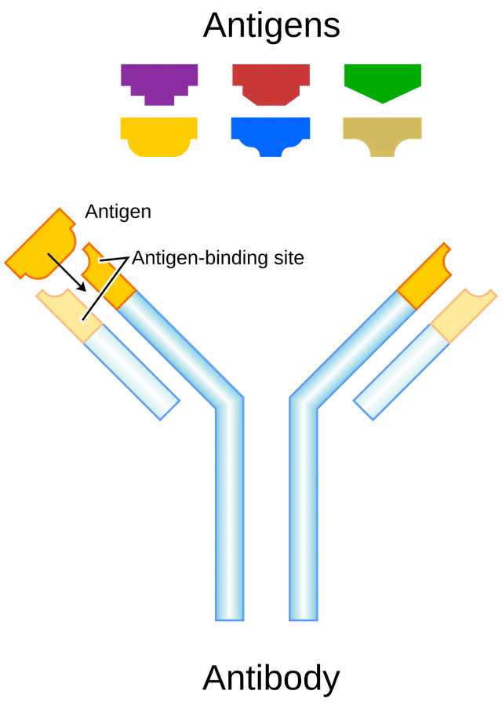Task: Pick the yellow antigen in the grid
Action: [158, 135]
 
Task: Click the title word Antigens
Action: [271, 26]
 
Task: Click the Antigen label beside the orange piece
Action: [118, 213]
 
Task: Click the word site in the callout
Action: [289, 258]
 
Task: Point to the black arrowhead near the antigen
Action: [82, 286]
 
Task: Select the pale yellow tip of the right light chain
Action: [463, 315]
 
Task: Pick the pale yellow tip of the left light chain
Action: [70, 315]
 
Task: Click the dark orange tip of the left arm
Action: [107, 275]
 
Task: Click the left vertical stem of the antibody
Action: [230, 511]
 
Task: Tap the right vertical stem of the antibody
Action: [304, 511]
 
